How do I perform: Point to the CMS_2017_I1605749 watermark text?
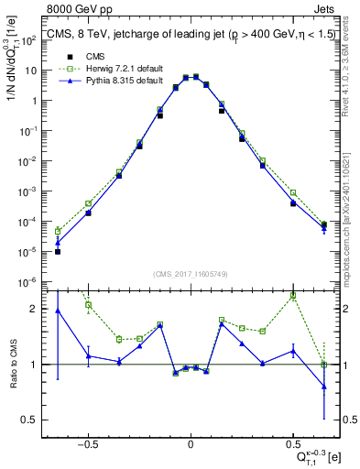191,274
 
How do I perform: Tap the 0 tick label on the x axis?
191,442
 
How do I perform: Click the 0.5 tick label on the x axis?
293,442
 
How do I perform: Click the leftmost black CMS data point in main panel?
58,251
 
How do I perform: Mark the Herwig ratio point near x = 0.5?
293,296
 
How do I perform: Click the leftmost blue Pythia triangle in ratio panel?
58,311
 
